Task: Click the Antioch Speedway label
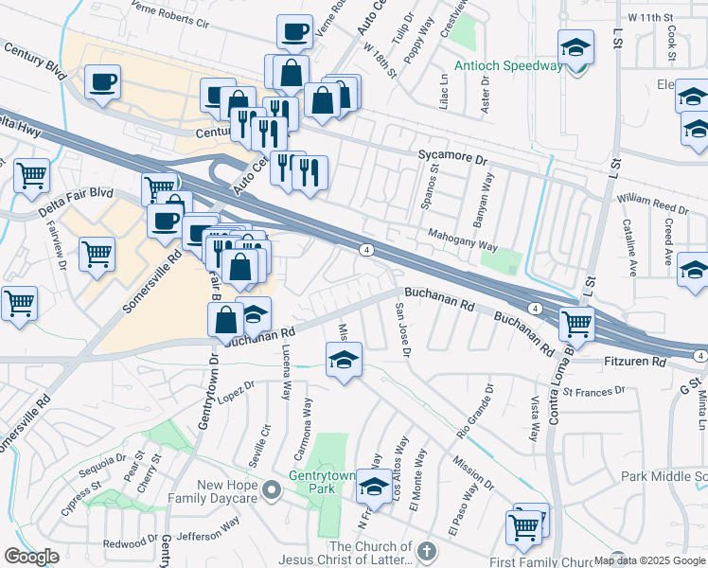point(507,65)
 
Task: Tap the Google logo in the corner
point(31,557)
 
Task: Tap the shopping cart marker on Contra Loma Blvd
point(575,324)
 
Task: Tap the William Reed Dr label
point(652,205)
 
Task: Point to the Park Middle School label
point(664,476)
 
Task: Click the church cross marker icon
point(426,550)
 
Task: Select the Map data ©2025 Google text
point(649,559)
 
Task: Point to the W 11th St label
point(649,17)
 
